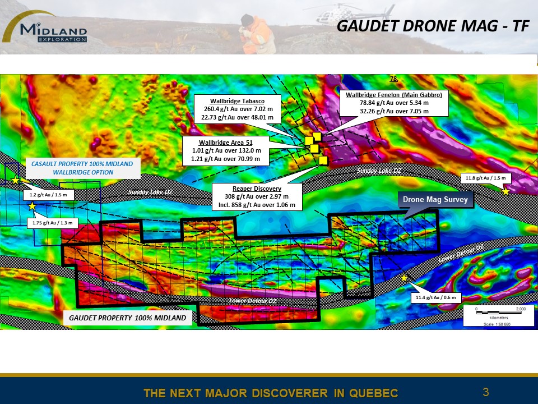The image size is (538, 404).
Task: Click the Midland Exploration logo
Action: tap(45, 27)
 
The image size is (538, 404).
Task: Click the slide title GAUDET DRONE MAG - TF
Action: tap(433, 26)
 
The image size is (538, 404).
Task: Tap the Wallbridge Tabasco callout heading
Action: tap(237, 101)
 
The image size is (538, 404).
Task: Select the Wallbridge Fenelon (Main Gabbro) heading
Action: tap(394, 95)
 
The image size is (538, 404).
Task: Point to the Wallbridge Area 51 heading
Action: tap(225, 143)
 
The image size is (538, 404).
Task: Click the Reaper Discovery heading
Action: tap(257, 189)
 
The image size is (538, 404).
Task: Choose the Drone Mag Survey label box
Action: tap(435, 200)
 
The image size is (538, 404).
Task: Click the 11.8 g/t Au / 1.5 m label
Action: tap(485, 178)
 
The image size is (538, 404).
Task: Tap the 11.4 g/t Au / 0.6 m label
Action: tap(436, 297)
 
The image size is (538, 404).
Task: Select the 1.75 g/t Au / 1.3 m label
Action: tap(53, 223)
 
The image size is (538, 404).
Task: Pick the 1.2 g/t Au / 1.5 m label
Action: tap(48, 195)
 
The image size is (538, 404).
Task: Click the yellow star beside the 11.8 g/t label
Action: tap(505, 191)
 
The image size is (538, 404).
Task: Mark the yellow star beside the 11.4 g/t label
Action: tap(404, 278)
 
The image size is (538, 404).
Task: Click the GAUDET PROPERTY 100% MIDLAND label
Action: tap(128, 318)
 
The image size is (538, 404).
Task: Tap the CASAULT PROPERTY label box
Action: tap(83, 168)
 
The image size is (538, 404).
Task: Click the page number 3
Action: tap(486, 392)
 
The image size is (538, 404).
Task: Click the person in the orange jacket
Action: tap(257, 34)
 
